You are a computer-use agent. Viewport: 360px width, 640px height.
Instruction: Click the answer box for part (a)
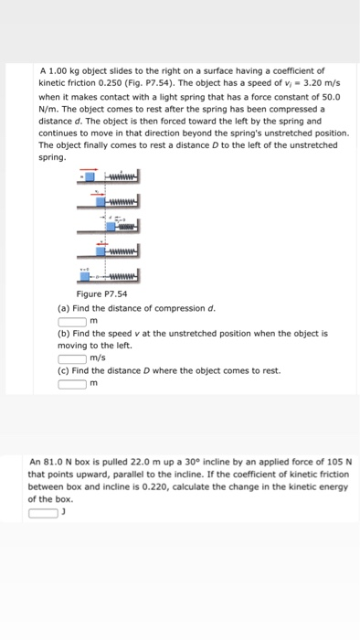72,320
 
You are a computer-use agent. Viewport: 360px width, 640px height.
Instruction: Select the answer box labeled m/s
72,358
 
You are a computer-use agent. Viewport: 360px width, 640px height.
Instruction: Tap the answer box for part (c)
72,383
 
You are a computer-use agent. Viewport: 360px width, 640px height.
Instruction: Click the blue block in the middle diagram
111,225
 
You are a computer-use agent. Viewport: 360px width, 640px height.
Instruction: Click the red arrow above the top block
90,170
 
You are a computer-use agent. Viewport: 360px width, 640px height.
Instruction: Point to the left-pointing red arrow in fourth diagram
101,242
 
